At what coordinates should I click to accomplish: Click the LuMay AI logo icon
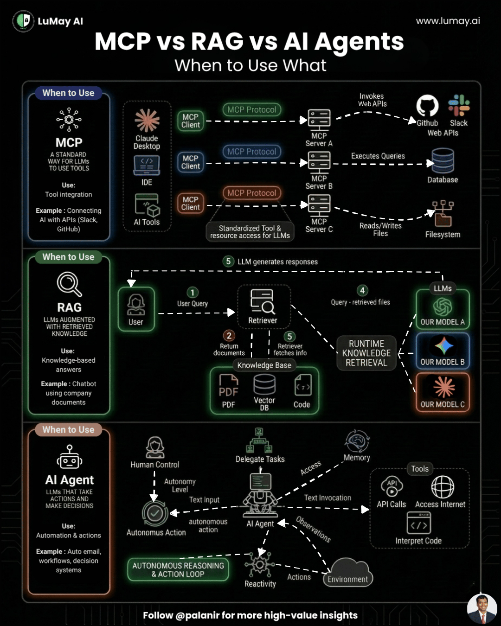23,21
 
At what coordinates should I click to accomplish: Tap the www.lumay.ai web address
448,21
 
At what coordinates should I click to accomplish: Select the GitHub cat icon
427,106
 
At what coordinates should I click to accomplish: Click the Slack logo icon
459,105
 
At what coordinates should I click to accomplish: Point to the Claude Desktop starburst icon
147,121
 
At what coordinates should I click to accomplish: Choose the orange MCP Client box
191,203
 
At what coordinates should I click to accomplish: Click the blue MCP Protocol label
252,151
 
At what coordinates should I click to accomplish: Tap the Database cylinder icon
443,161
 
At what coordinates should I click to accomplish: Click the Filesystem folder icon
443,214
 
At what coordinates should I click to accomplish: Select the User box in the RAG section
136,309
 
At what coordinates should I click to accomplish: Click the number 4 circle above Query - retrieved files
362,290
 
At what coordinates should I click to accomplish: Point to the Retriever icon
263,302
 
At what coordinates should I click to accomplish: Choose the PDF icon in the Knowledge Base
229,386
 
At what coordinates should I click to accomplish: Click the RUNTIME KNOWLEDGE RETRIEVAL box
366,353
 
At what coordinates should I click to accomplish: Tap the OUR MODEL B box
443,351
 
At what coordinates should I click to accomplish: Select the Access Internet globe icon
443,487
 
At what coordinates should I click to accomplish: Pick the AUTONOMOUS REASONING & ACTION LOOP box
178,569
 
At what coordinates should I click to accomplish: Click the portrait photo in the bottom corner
482,609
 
